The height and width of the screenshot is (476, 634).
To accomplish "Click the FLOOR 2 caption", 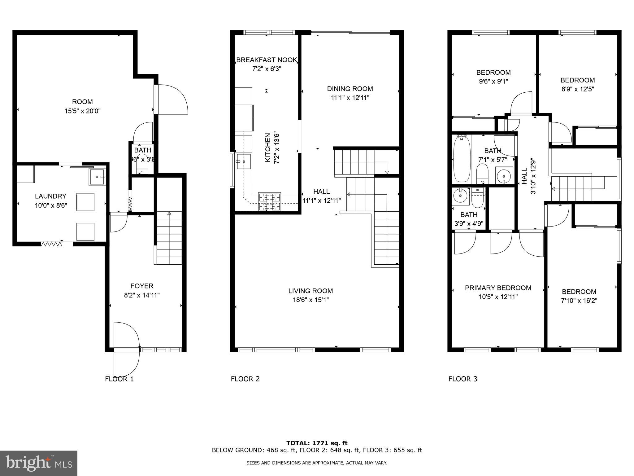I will click(x=245, y=379).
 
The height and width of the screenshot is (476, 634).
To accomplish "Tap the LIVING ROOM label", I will click(x=310, y=291).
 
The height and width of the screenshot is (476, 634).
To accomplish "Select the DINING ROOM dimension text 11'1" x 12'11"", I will click(x=350, y=98).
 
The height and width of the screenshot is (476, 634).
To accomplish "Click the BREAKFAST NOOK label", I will click(x=267, y=60).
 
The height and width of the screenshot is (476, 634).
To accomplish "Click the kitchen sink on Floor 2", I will click(x=244, y=161).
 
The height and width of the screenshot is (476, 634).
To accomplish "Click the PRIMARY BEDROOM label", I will click(x=498, y=288).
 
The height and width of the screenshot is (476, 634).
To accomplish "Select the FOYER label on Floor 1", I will click(x=142, y=286).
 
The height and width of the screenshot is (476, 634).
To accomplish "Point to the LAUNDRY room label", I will click(x=50, y=196).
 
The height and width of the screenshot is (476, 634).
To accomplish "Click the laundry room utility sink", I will click(x=98, y=177).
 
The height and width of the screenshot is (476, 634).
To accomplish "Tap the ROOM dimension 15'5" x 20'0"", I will click(x=82, y=111).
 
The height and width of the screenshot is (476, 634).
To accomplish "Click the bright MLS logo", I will click(x=39, y=463).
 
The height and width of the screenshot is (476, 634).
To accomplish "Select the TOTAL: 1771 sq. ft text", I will click(x=317, y=443).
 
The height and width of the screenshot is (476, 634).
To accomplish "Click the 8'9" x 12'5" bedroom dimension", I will click(x=578, y=89).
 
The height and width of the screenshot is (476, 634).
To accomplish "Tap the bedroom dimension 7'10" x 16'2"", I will click(x=579, y=301).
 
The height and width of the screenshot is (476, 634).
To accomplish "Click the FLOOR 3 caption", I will click(x=463, y=379).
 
